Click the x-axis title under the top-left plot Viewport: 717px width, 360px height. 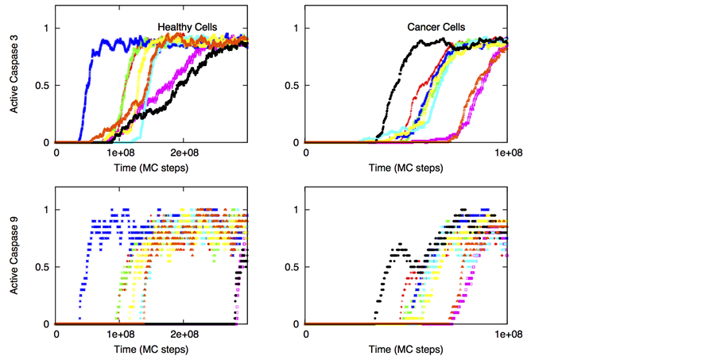151,168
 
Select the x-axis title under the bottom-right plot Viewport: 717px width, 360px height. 405,350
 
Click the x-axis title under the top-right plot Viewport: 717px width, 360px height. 405,168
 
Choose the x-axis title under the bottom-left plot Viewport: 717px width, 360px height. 151,350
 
